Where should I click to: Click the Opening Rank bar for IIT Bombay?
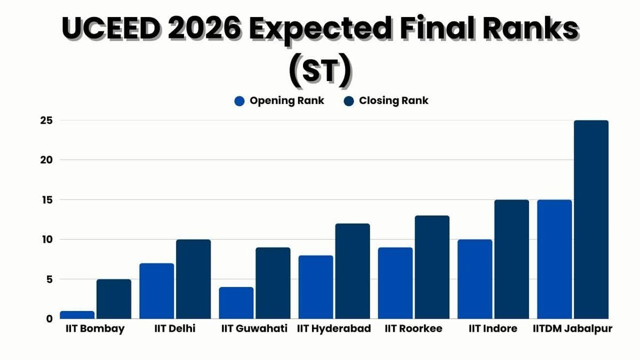tap(77, 315)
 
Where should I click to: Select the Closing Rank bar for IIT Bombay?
tap(114, 299)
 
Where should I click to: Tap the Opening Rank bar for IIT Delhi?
tap(157, 291)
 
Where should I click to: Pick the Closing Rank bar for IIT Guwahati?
tap(273, 283)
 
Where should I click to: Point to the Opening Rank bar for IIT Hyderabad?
tap(316, 287)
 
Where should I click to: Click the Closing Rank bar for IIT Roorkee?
tap(432, 267)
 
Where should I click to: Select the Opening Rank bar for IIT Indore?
tap(475, 279)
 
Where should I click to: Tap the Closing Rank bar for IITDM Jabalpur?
tap(591, 219)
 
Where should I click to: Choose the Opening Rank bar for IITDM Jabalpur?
tap(554, 259)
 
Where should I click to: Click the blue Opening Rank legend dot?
tap(239, 101)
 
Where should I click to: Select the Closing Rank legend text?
tap(394, 100)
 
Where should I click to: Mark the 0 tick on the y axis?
tap(49, 319)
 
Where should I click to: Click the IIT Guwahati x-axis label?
tap(254, 329)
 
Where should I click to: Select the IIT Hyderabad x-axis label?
tap(334, 329)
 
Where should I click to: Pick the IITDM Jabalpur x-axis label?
tap(573, 329)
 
